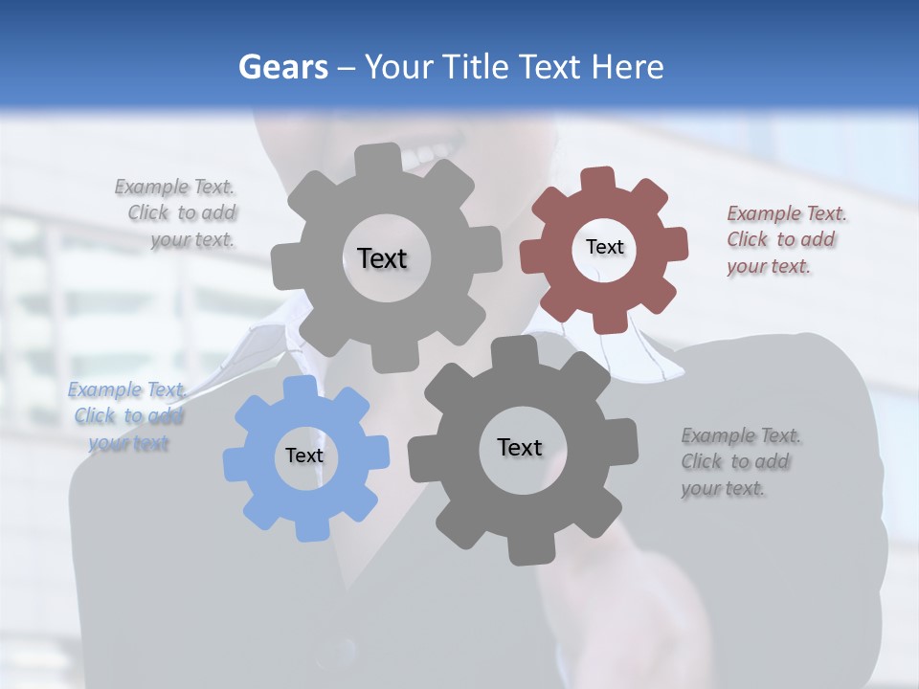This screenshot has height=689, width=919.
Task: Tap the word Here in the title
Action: (627, 67)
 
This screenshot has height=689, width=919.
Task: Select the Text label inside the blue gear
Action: (304, 456)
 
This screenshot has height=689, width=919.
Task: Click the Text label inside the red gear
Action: (604, 247)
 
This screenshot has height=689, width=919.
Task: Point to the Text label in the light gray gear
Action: (382, 258)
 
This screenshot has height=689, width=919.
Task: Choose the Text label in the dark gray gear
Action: (520, 448)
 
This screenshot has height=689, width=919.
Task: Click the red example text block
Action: (786, 240)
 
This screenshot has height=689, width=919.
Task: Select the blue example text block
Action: (127, 416)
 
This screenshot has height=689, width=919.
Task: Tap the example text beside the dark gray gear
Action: (740, 462)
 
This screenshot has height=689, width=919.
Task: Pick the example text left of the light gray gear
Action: (178, 213)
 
